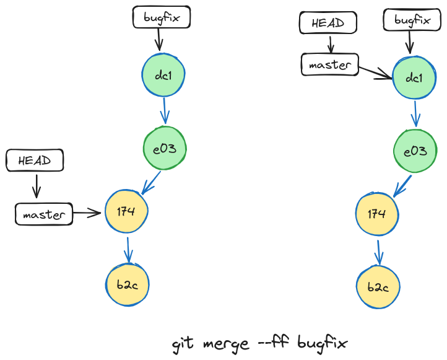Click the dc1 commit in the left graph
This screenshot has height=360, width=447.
tap(163, 75)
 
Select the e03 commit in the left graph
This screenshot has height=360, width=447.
tap(165, 148)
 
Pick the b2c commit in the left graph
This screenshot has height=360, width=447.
tap(128, 285)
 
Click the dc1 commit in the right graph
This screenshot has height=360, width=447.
tap(413, 78)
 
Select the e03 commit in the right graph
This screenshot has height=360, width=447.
tap(415, 151)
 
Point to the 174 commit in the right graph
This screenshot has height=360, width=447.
tap(377, 214)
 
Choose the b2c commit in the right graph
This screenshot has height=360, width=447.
tap(378, 288)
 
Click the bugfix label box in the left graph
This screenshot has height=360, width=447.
tap(161, 17)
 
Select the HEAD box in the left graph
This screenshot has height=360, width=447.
tap(35, 160)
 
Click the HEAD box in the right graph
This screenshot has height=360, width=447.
tap(328, 23)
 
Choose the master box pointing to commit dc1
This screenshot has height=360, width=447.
tap(330, 64)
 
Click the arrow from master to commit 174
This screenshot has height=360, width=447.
tap(87, 214)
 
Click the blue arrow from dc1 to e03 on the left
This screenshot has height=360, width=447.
tap(165, 111)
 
